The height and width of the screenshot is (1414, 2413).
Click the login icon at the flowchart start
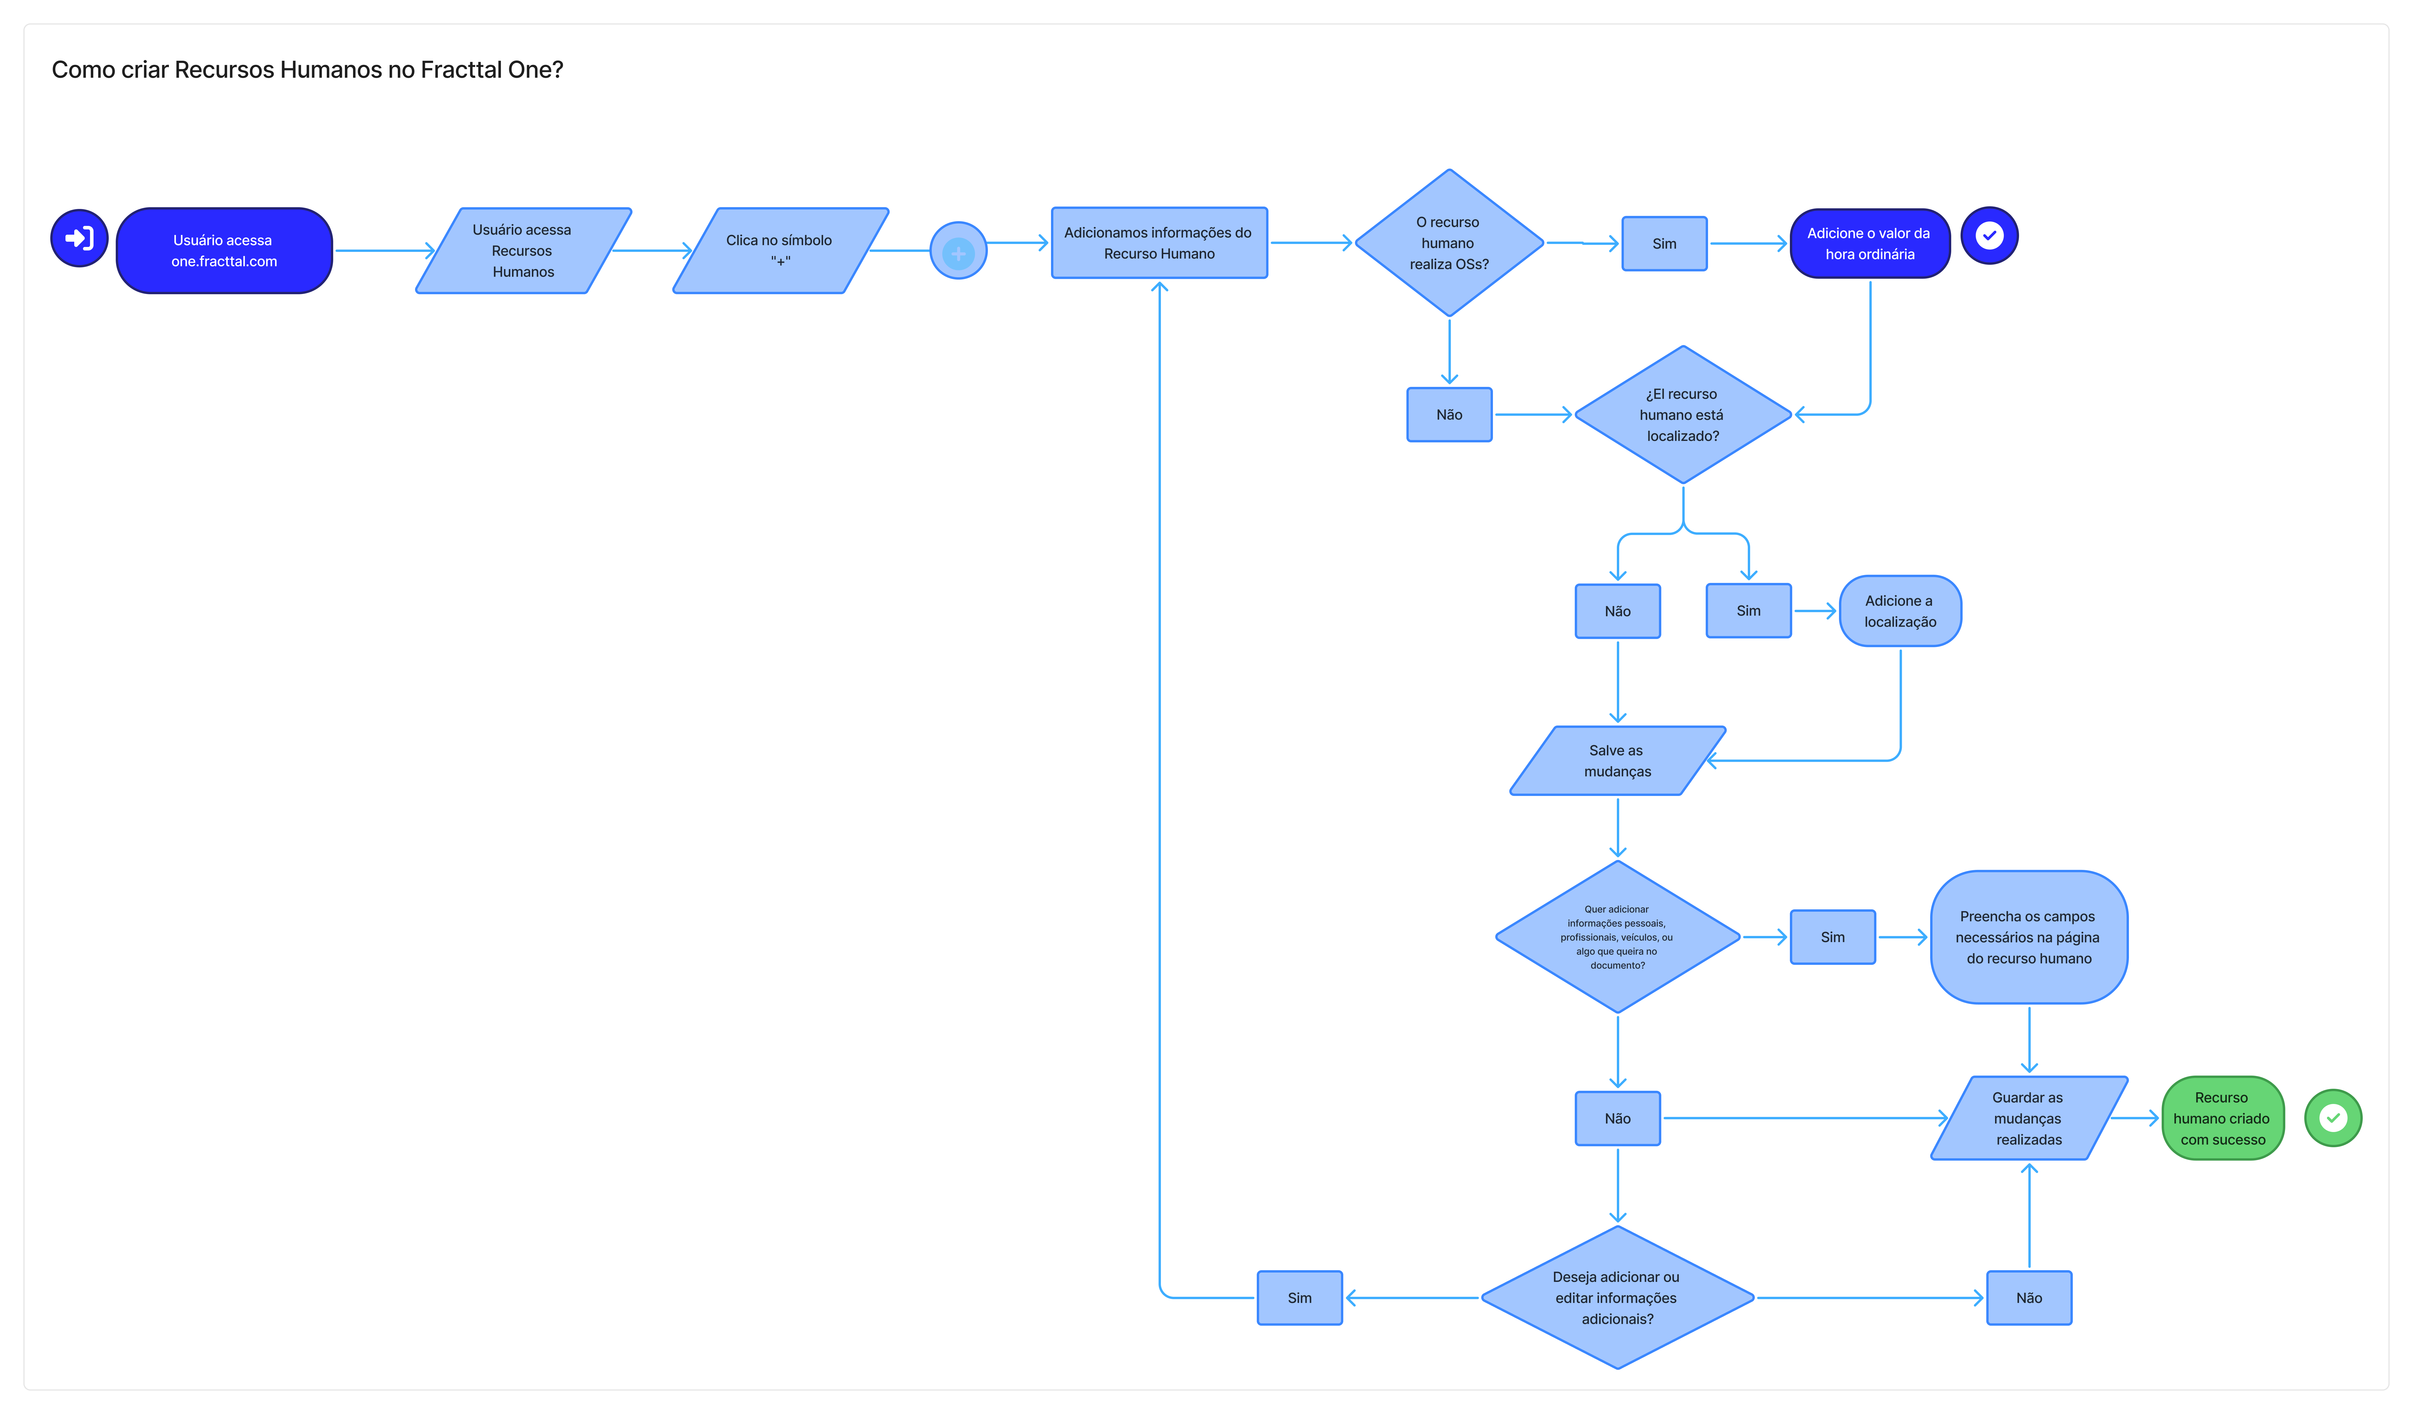(79, 238)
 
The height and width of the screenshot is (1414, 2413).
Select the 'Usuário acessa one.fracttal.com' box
(224, 251)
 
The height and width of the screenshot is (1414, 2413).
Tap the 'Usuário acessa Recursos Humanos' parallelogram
(523, 251)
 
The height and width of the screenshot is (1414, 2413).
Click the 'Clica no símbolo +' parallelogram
(780, 251)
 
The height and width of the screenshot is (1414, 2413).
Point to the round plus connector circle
(958, 251)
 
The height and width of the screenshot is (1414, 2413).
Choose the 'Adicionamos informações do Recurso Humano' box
(1159, 243)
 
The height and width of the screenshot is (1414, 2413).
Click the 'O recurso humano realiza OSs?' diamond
(1450, 243)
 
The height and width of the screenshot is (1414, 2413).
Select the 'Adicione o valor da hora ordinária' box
(1870, 243)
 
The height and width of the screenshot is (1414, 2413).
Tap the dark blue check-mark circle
(1990, 236)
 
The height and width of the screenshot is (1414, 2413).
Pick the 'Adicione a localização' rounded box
(1901, 611)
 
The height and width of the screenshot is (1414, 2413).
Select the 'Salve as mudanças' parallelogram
(1618, 761)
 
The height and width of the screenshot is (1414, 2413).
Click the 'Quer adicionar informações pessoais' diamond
(1618, 937)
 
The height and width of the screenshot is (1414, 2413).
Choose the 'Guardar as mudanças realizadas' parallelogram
(2029, 1118)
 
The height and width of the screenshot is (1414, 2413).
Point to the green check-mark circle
(2334, 1118)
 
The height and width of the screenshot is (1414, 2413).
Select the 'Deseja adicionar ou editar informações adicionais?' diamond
(1618, 1298)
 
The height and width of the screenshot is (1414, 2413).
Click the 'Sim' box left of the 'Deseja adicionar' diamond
(1300, 1298)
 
